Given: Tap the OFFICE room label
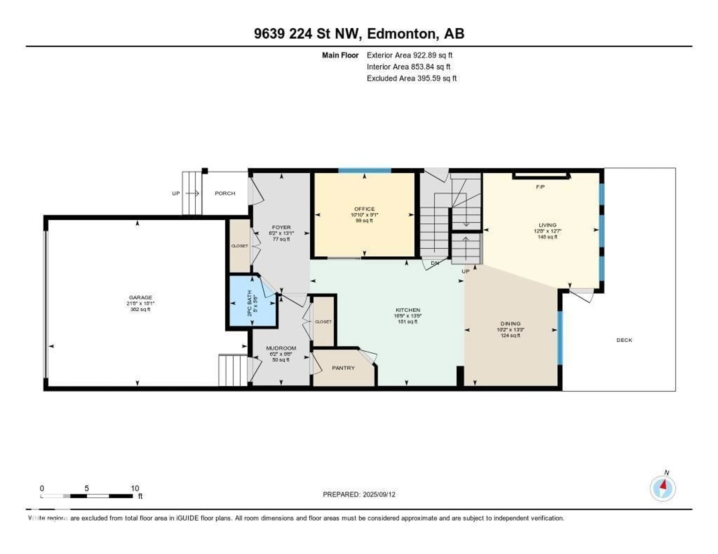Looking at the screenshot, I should [x=364, y=209].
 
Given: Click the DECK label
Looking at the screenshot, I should [x=624, y=340].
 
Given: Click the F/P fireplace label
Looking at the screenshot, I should [x=540, y=187].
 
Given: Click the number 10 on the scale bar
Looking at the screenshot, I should [x=135, y=488].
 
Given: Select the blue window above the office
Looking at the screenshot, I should [x=365, y=170].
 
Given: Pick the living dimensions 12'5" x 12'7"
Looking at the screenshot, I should [x=547, y=231].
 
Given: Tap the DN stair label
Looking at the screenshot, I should [x=435, y=263].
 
